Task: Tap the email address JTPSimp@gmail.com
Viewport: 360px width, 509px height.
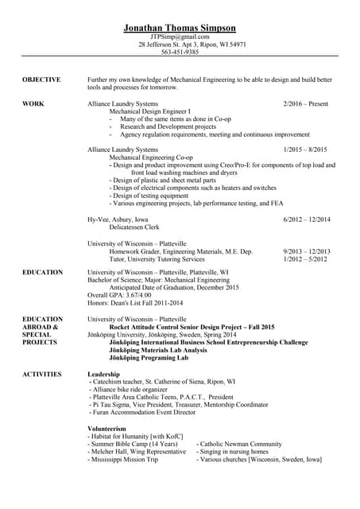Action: tap(180, 37)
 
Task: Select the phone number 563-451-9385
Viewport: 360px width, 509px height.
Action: tap(180, 52)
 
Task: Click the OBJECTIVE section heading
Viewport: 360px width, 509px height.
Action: tap(42, 80)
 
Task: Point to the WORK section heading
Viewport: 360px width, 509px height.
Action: tap(33, 104)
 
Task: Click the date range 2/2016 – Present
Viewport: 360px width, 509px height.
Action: tap(305, 104)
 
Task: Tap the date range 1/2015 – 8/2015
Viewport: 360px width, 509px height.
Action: tap(305, 150)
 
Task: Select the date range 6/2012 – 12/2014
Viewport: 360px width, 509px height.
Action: tap(306, 219)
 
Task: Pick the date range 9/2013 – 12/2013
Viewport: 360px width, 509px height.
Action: tap(306, 251)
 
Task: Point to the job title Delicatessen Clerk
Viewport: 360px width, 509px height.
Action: tap(135, 227)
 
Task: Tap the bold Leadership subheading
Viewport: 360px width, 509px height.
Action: tap(103, 374)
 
